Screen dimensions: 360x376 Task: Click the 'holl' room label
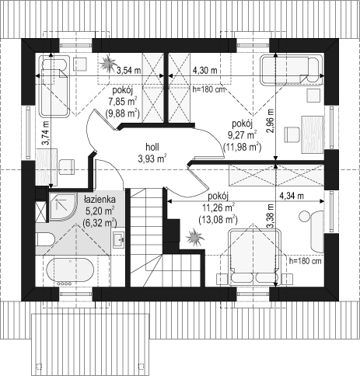(152, 147)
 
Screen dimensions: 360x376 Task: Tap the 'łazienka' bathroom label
(100, 200)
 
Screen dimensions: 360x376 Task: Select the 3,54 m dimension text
(128, 70)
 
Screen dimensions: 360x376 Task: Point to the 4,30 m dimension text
(204, 70)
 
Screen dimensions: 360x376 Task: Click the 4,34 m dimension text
(292, 196)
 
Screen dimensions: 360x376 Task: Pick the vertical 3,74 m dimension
(46, 133)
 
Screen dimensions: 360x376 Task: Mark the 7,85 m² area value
(123, 102)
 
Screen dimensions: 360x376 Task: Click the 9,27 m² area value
(243, 135)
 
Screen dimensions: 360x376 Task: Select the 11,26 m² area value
(218, 207)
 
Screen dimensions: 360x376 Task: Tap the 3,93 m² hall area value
(152, 158)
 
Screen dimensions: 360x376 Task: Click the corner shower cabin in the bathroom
(63, 207)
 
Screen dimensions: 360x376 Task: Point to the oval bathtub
(69, 270)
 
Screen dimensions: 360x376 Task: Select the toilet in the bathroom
(44, 239)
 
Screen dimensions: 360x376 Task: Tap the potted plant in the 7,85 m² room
(107, 63)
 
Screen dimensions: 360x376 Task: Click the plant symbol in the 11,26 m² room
(195, 237)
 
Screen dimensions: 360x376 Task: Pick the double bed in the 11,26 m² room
(255, 256)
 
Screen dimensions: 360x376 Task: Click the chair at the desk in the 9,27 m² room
(292, 134)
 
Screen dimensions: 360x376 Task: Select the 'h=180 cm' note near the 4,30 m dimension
(208, 89)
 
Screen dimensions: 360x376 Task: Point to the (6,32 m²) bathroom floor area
(100, 222)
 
